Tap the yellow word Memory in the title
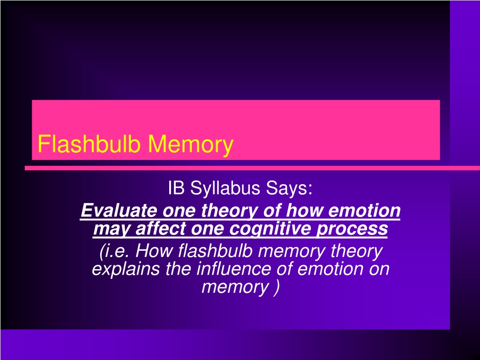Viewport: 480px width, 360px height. click(x=190, y=145)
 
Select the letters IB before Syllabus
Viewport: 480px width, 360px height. click(x=176, y=187)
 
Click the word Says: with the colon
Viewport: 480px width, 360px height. click(x=289, y=188)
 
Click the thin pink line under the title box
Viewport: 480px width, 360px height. click(x=252, y=168)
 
